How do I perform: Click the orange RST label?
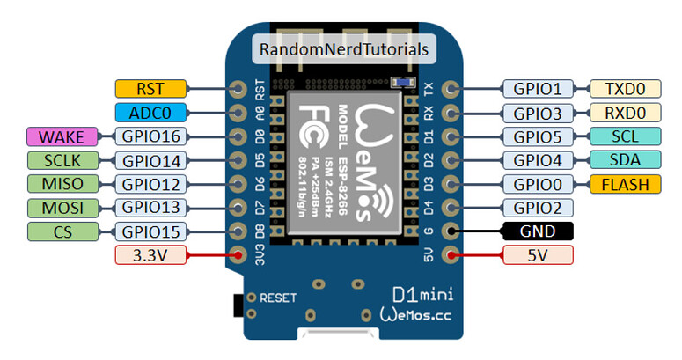point(150,88)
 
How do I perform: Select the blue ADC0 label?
point(150,112)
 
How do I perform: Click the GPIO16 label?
point(150,136)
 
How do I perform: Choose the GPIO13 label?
point(150,208)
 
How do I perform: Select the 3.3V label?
point(150,255)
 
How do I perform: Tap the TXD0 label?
point(625,88)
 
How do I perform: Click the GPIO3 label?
point(538,112)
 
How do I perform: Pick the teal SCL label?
point(625,136)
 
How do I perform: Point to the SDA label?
point(625,160)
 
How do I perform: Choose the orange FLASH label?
point(625,184)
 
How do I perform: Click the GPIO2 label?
point(538,208)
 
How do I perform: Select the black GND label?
point(538,231)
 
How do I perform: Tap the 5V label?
point(538,255)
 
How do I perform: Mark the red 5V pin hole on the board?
point(451,255)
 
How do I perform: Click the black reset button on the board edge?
point(237,305)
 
